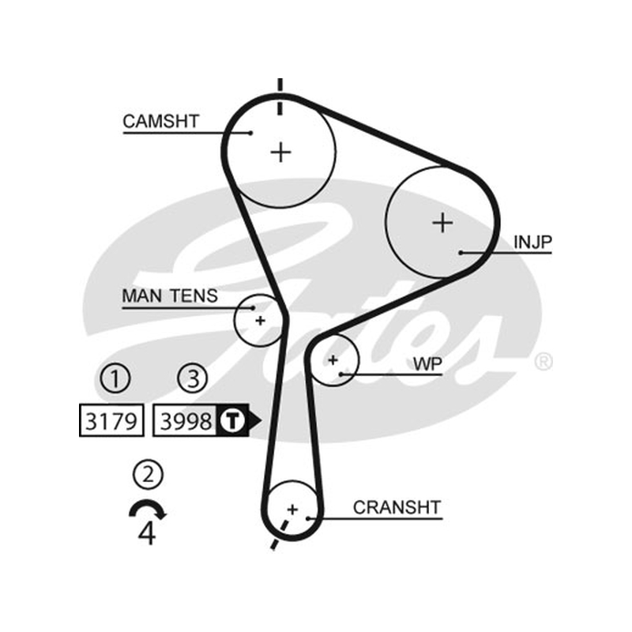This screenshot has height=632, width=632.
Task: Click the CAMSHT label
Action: (161, 122)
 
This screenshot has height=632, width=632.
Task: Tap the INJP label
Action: (532, 242)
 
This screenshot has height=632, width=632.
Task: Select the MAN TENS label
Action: (170, 295)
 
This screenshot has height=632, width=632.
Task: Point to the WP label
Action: (427, 364)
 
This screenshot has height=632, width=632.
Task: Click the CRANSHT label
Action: (397, 507)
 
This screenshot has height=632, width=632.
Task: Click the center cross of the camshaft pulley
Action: (281, 152)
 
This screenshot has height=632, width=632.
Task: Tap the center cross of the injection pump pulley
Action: (442, 223)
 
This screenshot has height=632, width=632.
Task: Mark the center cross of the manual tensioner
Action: (261, 321)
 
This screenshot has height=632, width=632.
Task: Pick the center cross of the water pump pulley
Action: (333, 359)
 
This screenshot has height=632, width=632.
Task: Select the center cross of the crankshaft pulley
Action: (292, 510)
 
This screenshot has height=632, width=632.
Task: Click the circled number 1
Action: (115, 379)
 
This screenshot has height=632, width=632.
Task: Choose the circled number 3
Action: (193, 379)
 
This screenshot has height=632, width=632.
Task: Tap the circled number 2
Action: (148, 475)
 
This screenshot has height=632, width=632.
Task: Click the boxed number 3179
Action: (111, 420)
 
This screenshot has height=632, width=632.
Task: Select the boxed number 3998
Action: (186, 420)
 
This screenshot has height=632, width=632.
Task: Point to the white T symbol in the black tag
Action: (232, 420)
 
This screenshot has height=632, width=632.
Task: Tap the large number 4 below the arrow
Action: (147, 533)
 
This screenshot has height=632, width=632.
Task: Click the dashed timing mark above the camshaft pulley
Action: (280, 96)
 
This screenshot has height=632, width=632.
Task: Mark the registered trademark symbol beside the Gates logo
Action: (543, 362)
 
